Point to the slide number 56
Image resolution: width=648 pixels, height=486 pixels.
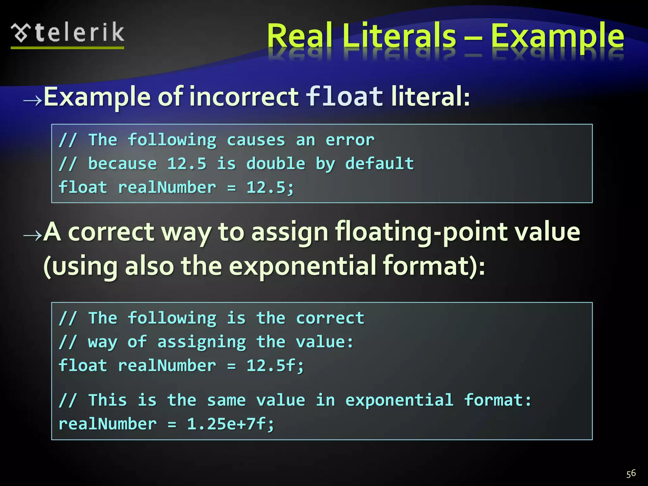[631, 474]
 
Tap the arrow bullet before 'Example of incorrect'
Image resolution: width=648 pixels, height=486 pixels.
[33, 101]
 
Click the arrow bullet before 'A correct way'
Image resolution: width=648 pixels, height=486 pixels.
[33, 235]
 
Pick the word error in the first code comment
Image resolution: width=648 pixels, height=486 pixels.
[350, 140]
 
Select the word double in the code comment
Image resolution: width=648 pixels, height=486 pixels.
[276, 164]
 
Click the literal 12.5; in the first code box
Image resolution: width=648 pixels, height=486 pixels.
[270, 187]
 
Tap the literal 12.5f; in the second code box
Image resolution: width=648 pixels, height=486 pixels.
[275, 365]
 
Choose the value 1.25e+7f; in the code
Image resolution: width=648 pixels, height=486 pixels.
[230, 424]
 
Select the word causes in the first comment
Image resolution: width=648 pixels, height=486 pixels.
[256, 140]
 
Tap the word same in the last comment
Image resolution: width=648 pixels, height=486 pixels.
[226, 400]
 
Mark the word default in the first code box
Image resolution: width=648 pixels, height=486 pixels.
[379, 164]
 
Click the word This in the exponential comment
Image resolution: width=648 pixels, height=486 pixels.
[108, 400]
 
